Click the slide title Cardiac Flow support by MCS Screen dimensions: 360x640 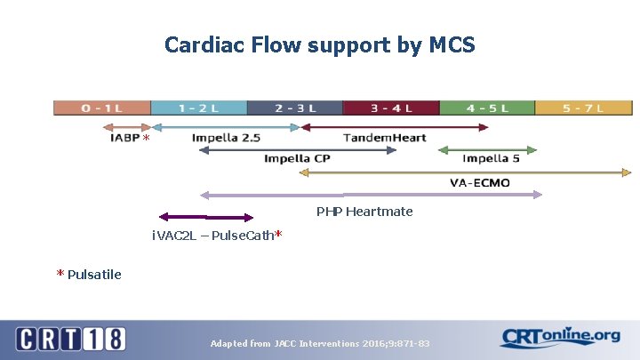(319, 44)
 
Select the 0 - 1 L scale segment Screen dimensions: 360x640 (102, 108)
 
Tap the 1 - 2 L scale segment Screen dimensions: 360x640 (198, 108)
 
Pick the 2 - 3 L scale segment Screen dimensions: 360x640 (294, 108)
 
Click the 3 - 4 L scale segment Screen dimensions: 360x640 (390, 108)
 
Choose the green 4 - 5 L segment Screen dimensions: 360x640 (486, 108)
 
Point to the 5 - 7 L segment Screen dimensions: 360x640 (582, 108)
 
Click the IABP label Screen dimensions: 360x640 (124, 139)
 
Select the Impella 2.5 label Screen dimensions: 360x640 (226, 138)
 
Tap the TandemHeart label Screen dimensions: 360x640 (384, 138)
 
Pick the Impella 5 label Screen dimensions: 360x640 (491, 160)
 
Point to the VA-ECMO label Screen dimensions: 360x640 (479, 183)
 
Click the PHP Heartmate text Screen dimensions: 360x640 (364, 212)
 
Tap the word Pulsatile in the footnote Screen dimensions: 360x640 (94, 274)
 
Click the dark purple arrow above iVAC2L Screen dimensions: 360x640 (205, 216)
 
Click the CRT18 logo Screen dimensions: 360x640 (70, 339)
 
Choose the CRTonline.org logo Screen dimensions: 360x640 (559, 337)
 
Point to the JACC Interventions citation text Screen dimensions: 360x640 (319, 343)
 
